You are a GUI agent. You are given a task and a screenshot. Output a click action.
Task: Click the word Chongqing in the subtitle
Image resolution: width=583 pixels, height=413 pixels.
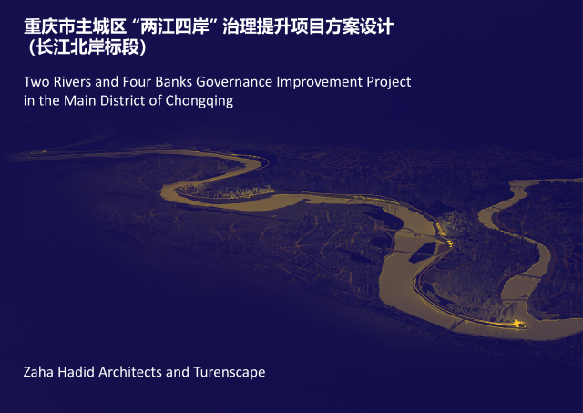click(199, 101)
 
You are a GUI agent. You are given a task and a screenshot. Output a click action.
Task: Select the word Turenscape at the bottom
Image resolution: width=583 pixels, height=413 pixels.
click(230, 373)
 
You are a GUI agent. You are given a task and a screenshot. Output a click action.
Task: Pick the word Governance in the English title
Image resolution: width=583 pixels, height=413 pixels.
click(234, 82)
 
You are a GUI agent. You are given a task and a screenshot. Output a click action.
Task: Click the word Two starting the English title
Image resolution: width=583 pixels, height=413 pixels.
click(36, 82)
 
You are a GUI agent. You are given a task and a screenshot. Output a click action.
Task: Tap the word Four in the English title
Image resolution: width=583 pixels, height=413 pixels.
click(137, 82)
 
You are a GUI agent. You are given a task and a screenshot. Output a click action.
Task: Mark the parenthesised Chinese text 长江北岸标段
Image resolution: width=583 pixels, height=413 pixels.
click(87, 47)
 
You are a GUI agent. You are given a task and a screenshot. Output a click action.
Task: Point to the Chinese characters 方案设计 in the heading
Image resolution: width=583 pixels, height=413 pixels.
click(359, 27)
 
